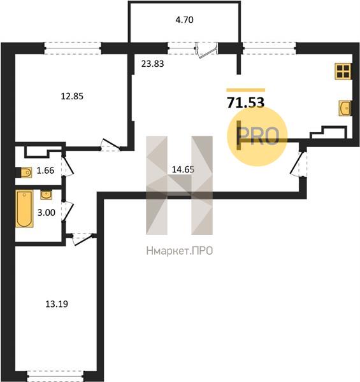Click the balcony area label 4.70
click(x=184, y=20)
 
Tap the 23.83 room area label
click(x=152, y=64)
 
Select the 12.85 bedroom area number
click(x=72, y=96)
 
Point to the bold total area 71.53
click(x=246, y=103)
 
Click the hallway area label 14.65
click(x=183, y=169)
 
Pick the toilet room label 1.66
click(x=45, y=170)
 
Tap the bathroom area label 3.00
click(x=46, y=213)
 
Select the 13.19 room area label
click(x=57, y=304)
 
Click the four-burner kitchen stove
click(x=343, y=71)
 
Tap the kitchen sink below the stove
click(x=345, y=108)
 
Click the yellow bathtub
click(x=24, y=209)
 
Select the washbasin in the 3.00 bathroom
click(x=46, y=195)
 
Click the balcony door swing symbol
click(x=206, y=50)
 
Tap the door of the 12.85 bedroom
click(x=110, y=145)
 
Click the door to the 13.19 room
click(x=82, y=238)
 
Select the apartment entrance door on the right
click(x=298, y=164)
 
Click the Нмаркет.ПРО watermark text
click(x=180, y=251)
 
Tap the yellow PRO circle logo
click(x=257, y=136)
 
